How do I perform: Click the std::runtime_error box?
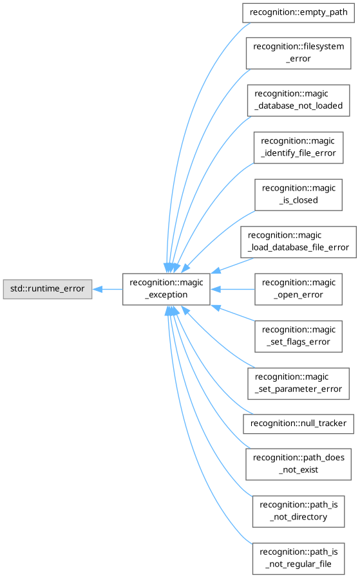point(48,289)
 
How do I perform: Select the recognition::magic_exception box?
point(166,289)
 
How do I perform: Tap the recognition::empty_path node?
point(298,13)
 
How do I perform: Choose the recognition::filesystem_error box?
point(298,53)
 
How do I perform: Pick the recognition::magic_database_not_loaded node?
point(298,100)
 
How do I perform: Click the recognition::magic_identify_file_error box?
point(298,147)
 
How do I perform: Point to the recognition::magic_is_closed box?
point(298,194)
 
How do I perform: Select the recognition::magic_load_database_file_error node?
point(298,242)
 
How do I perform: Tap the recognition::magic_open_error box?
point(298,289)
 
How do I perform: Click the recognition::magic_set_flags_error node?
point(298,336)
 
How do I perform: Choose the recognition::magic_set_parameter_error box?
point(298,384)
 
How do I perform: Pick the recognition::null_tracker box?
point(298,424)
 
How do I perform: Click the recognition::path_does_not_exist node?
point(298,464)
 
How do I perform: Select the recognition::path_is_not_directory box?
point(298,511)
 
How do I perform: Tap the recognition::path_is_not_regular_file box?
point(298,559)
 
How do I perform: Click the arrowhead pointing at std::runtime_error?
point(97,289)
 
